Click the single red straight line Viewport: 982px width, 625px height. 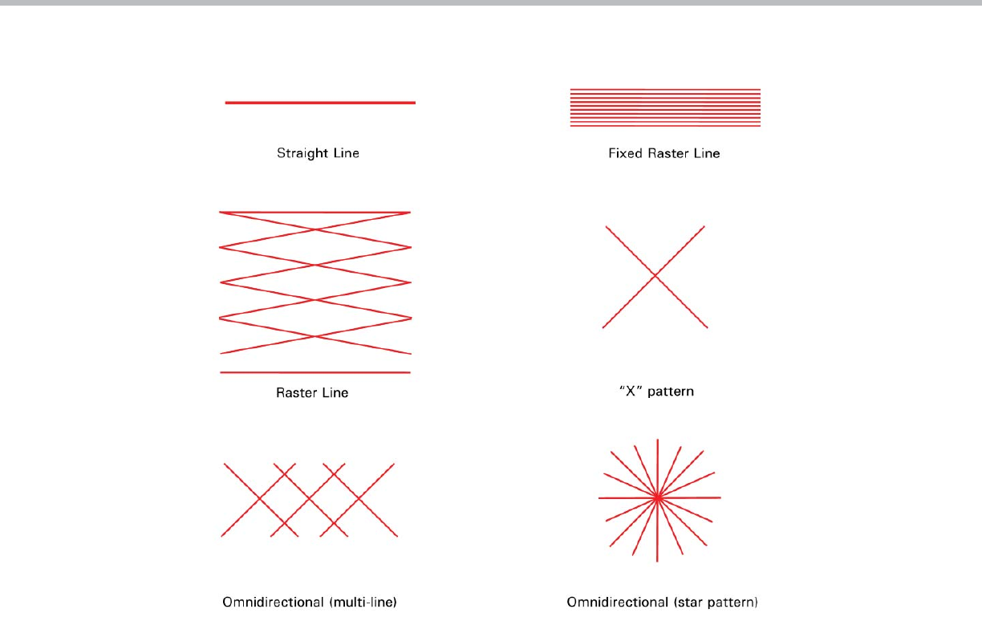tap(320, 103)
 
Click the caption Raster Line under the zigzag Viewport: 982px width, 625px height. tap(312, 393)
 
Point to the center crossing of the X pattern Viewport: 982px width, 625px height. tap(655, 276)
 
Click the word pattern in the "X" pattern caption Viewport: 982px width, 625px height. tap(670, 392)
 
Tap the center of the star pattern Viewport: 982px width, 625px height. tap(658, 497)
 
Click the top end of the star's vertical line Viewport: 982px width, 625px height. tap(658, 439)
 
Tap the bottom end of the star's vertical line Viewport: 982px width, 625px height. tap(658, 561)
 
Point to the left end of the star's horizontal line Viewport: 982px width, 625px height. tap(599, 498)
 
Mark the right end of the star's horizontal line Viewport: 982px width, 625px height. tap(720, 497)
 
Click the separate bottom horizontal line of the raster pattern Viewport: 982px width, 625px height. tap(315, 372)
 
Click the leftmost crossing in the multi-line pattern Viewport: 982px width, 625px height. tap(260, 499)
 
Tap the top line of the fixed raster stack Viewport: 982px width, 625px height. tap(665, 89)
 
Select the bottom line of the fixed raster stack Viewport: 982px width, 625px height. tap(665, 126)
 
